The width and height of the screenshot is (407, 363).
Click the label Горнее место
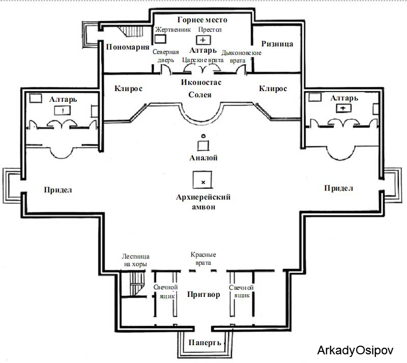(x=202, y=20)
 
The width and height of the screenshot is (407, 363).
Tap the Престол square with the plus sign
(x=203, y=40)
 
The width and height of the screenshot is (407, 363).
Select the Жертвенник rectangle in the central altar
(x=160, y=39)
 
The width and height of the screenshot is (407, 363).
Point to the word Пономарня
(x=128, y=47)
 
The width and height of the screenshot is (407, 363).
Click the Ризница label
(x=277, y=44)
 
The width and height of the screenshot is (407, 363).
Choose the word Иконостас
(x=201, y=82)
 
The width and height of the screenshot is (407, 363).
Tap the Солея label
(x=200, y=95)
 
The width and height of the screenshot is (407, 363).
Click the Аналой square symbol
(x=203, y=146)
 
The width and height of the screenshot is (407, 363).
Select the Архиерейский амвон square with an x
(x=202, y=180)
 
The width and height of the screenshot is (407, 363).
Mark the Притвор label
(x=203, y=294)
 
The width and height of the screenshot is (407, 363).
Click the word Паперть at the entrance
(x=205, y=343)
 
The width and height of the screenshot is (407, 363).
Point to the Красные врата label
(x=203, y=259)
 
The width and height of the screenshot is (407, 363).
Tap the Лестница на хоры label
(x=135, y=260)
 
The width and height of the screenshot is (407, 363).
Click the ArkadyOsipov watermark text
(x=355, y=350)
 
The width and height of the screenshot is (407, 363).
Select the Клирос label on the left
(x=129, y=89)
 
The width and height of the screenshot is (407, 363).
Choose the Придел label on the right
(x=338, y=188)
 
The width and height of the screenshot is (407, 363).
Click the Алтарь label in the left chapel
(x=63, y=99)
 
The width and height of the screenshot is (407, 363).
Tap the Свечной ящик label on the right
(x=241, y=292)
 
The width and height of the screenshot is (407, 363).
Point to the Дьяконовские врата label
(x=241, y=57)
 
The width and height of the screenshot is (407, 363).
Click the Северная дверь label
(x=166, y=56)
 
